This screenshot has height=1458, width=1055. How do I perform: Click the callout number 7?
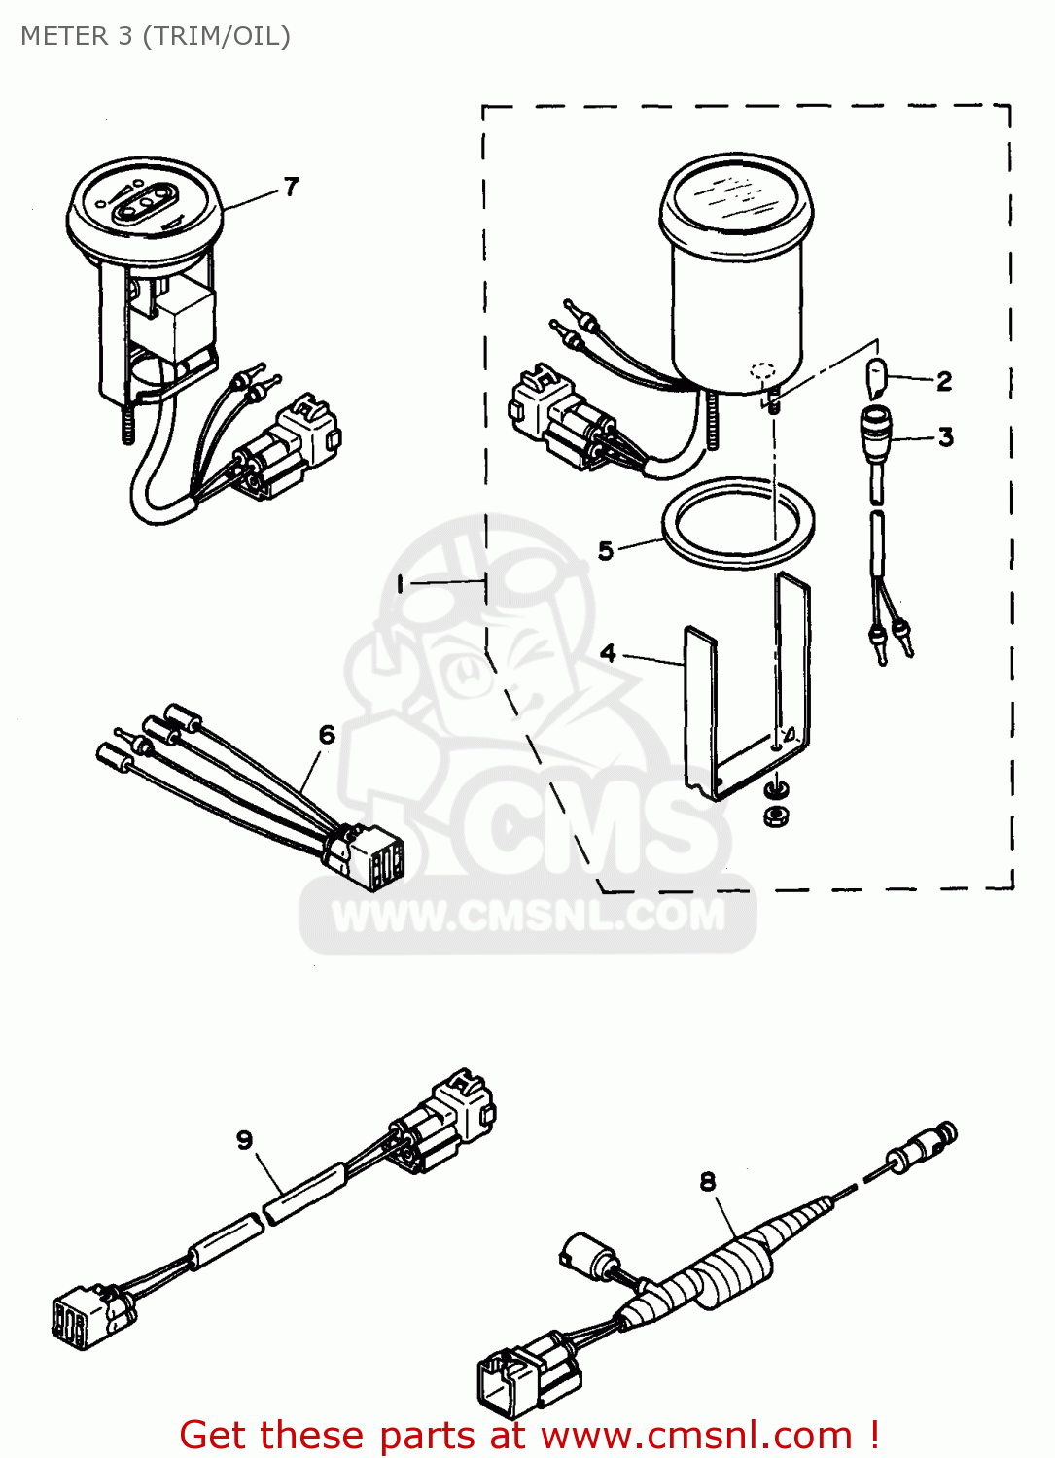click(x=291, y=186)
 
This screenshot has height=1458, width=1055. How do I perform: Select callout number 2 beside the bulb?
click(x=944, y=381)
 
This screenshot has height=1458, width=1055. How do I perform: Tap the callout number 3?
click(x=945, y=437)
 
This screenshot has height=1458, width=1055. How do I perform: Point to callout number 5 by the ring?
click(x=606, y=551)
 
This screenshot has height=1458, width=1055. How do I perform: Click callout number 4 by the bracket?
click(x=608, y=652)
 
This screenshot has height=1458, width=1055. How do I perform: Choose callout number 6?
click(x=327, y=735)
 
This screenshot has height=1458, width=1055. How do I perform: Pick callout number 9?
click(x=245, y=1139)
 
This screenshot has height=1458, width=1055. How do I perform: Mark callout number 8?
click(x=708, y=1181)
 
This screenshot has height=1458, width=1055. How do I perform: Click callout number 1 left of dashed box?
click(x=399, y=583)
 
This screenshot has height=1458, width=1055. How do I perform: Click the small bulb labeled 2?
click(x=876, y=377)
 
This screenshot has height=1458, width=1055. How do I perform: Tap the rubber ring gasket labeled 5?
click(x=738, y=522)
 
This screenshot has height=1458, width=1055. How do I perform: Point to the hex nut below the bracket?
click(x=775, y=816)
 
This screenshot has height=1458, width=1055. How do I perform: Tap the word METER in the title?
click(x=64, y=36)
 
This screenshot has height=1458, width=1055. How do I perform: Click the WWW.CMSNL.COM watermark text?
click(x=528, y=916)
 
